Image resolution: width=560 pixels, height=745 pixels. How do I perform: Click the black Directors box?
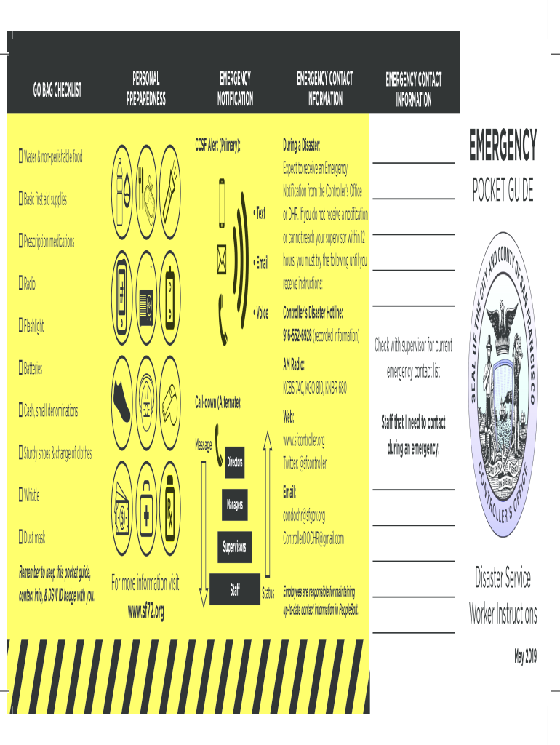[x=235, y=463]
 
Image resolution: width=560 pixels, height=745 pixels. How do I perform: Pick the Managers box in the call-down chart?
[x=235, y=504]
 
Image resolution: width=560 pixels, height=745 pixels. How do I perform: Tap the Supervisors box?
[x=235, y=546]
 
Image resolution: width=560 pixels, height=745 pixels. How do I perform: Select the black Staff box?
[x=235, y=589]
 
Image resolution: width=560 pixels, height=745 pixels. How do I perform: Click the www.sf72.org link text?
[x=146, y=613]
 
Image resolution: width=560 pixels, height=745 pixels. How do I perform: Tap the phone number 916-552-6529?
[x=297, y=336]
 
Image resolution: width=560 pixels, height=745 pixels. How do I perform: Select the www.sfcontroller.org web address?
[x=303, y=440]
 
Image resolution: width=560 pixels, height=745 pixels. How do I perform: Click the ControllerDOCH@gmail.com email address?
[x=313, y=538]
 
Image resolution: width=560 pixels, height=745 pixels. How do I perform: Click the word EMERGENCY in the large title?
[x=503, y=145]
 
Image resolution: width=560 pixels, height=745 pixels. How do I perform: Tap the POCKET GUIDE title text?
[x=503, y=191]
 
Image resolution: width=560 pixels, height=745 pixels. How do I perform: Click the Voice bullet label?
[x=261, y=313]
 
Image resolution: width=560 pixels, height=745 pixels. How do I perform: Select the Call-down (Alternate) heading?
[x=217, y=402]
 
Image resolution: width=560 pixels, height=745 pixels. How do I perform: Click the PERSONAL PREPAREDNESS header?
[x=146, y=88]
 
